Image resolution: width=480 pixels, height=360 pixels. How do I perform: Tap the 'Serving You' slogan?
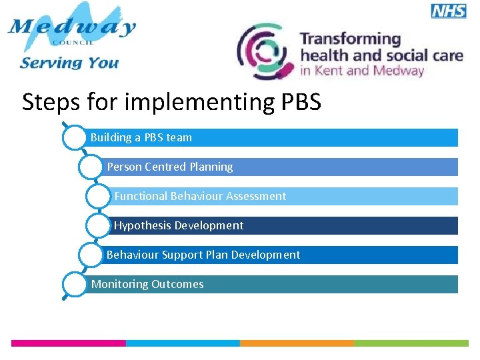pos(69,63)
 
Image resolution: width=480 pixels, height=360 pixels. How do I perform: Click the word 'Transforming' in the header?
pos(350,39)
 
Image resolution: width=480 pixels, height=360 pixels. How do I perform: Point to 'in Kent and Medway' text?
pos(362,71)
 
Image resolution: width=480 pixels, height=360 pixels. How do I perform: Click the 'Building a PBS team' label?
pos(141,137)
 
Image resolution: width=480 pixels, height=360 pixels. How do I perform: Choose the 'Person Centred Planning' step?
pos(170,167)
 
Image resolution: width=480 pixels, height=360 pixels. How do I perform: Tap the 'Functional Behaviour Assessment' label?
pos(200,196)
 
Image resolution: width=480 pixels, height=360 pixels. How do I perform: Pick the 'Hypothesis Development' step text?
pos(179,225)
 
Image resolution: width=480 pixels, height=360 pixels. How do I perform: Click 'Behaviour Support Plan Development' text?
pos(203,255)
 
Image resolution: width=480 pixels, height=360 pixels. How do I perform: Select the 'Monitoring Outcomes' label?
pos(147,284)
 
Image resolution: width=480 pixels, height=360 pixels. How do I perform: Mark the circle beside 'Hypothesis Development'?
pos(99,225)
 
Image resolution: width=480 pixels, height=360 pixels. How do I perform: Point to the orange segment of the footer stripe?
pos(297,343)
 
